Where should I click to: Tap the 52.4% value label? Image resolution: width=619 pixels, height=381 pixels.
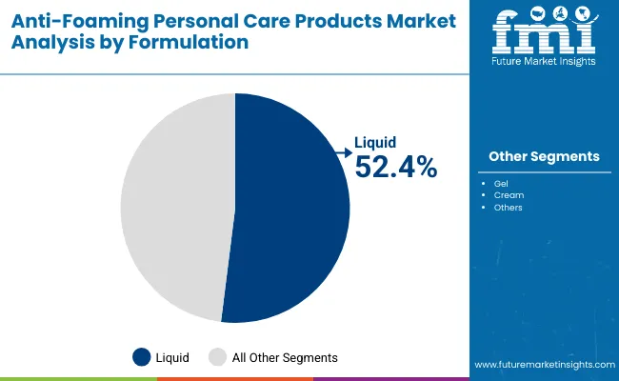[x=395, y=167]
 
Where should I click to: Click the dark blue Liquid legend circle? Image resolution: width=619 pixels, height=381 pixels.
[x=142, y=357]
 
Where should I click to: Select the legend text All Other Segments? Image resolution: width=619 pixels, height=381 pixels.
[x=285, y=357]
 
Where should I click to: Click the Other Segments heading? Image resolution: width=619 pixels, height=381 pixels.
[x=544, y=156]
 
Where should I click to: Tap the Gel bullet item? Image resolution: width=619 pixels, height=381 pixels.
[x=501, y=182]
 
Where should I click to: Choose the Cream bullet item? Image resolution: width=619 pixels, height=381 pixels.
[x=507, y=194]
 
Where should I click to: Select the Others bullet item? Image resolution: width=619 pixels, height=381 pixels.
[x=508, y=207]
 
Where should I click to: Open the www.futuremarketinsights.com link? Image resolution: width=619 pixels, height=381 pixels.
[x=543, y=365]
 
